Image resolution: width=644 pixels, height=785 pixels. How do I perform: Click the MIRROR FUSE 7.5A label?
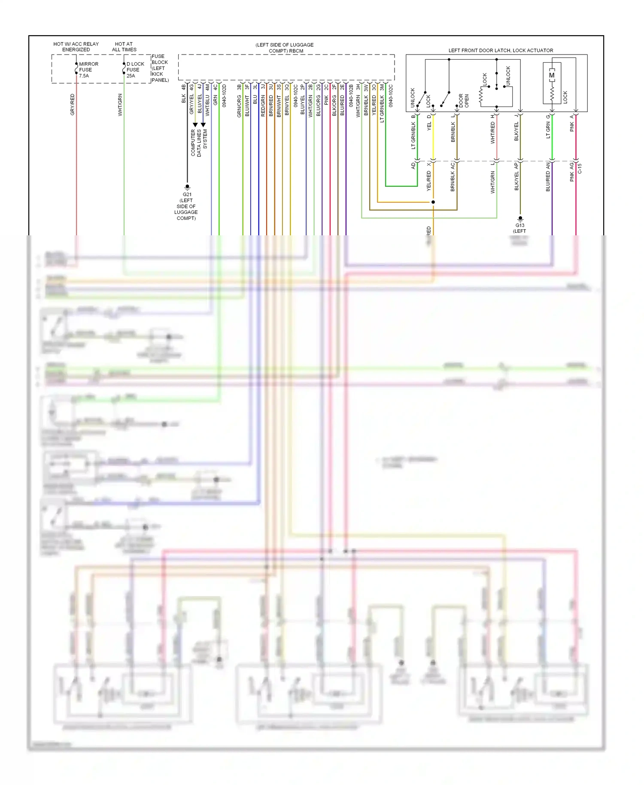click(88, 70)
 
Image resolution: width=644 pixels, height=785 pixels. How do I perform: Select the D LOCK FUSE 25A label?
click(135, 70)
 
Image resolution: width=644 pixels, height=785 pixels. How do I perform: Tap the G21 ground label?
click(187, 195)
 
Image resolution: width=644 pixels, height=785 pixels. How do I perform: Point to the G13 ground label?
click(520, 225)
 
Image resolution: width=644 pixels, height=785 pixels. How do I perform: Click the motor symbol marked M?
click(552, 76)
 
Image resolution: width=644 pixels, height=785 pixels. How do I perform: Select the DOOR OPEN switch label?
click(464, 101)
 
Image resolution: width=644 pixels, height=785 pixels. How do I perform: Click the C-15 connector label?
click(580, 168)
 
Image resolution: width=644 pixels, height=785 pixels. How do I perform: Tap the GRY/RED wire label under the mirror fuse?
click(72, 104)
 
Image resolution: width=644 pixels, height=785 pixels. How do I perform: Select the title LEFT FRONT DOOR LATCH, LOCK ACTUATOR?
click(501, 50)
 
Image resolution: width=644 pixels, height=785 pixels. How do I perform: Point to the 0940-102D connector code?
click(224, 96)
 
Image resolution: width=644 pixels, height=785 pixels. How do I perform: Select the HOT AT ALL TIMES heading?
click(124, 47)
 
